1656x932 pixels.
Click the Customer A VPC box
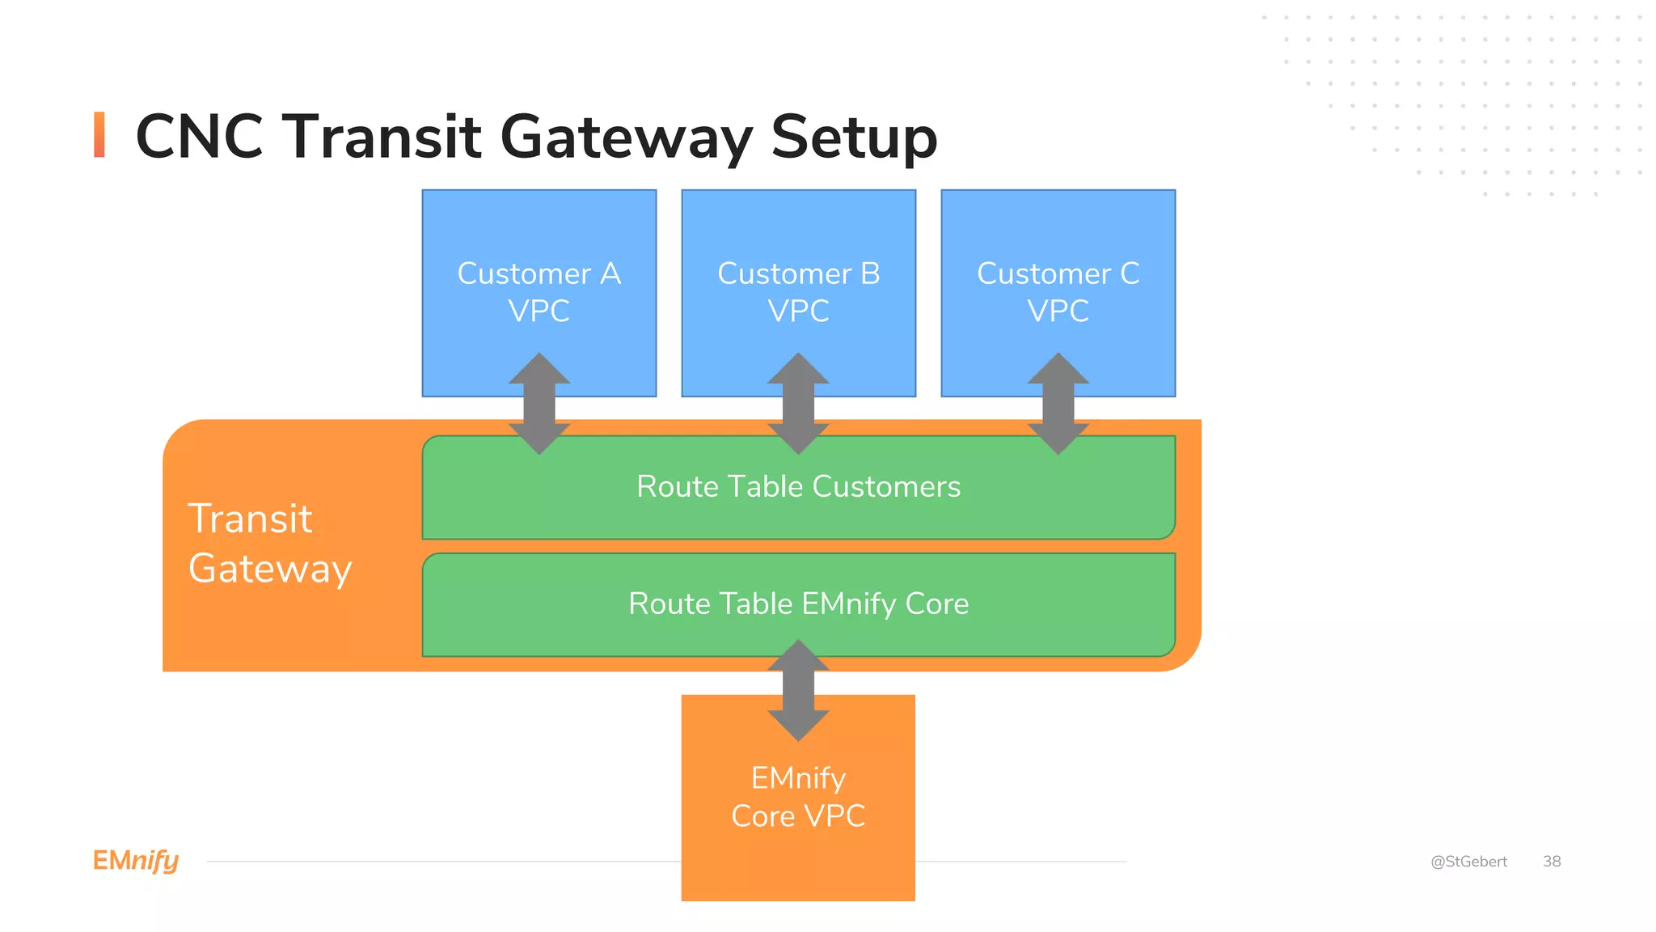(x=539, y=243)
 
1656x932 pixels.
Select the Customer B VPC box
(x=798, y=243)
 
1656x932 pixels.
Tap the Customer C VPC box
(x=1058, y=243)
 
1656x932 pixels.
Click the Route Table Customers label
(x=798, y=486)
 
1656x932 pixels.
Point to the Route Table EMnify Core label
(x=798, y=604)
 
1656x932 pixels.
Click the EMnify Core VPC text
(x=798, y=797)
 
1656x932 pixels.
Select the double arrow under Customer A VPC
(x=539, y=403)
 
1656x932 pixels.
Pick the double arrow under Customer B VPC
(x=798, y=403)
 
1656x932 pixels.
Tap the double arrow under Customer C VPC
(x=1058, y=403)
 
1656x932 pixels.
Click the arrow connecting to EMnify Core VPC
(x=798, y=690)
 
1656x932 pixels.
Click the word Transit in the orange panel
(x=250, y=519)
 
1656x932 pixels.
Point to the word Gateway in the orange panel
(x=270, y=569)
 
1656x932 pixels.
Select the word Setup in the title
(x=854, y=138)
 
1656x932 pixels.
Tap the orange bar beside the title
(x=99, y=134)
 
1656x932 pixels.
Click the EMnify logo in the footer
(x=136, y=861)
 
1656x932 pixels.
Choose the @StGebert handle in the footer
(x=1468, y=862)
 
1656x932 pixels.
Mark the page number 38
(x=1552, y=862)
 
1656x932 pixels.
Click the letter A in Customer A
(x=610, y=273)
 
